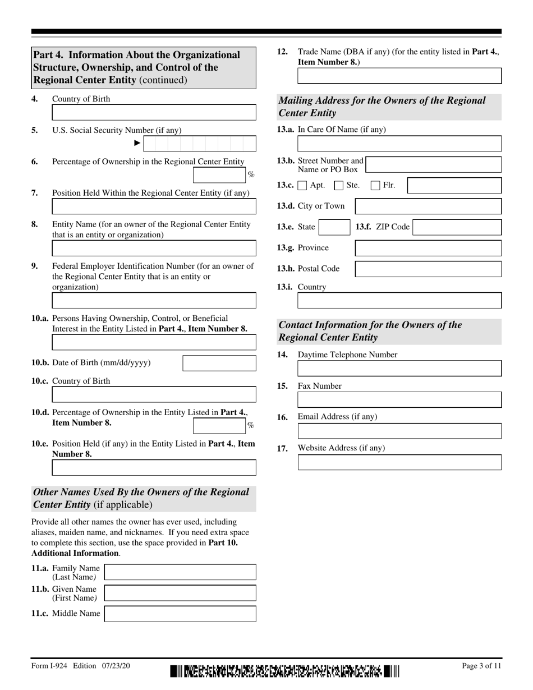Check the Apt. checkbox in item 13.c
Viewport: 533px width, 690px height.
(x=302, y=186)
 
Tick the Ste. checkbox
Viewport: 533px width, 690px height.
(x=339, y=186)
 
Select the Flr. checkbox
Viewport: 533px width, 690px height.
(x=376, y=186)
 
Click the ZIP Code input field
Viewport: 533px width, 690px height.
(x=457, y=227)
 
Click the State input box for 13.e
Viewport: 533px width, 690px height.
(x=335, y=227)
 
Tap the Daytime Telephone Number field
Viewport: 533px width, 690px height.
(x=399, y=369)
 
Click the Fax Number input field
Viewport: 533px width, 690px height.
(x=399, y=399)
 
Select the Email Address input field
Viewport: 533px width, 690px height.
(x=399, y=431)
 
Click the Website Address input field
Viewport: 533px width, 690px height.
(x=399, y=462)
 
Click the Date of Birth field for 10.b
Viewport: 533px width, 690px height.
(x=219, y=363)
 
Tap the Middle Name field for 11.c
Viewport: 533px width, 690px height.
(x=181, y=614)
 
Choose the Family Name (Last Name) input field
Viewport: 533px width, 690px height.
(x=181, y=572)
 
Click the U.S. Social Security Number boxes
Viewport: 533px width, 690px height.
(x=200, y=144)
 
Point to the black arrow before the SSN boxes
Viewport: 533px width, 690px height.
(x=137, y=144)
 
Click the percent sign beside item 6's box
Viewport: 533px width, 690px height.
(x=251, y=175)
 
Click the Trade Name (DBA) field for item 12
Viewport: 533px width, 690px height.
(x=399, y=76)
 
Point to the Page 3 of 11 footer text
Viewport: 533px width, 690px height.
(x=481, y=666)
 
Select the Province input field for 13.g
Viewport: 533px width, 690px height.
(x=429, y=248)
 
